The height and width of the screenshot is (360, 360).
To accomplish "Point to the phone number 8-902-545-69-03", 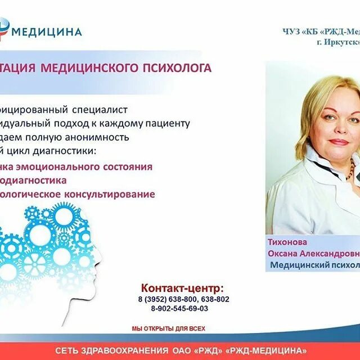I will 179,308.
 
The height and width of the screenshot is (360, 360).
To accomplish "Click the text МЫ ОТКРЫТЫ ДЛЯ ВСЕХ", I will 169,328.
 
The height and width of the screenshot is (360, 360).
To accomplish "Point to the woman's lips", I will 337,142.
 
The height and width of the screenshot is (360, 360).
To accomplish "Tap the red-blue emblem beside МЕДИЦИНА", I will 4,29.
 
